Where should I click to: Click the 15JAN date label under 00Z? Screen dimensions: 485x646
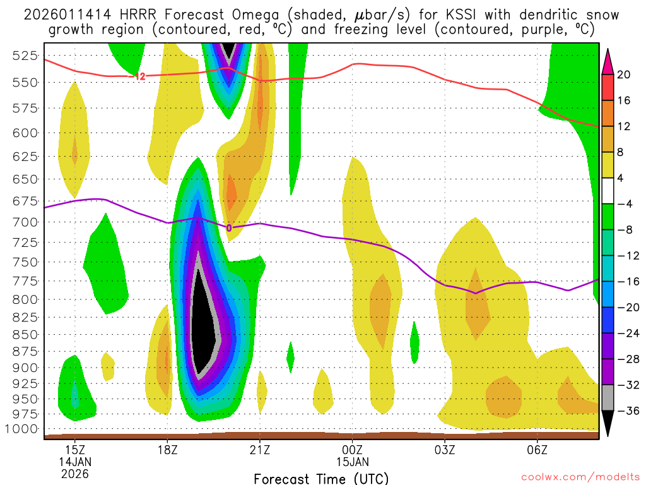[x=352, y=461]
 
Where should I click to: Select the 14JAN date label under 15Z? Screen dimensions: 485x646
[x=75, y=461]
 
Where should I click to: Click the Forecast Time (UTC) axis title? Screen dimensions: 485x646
[x=321, y=479]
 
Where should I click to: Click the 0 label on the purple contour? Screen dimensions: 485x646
[x=229, y=228]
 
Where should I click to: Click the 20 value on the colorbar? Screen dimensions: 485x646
[x=624, y=75]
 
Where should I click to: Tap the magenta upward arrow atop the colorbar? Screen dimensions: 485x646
[x=608, y=61]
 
